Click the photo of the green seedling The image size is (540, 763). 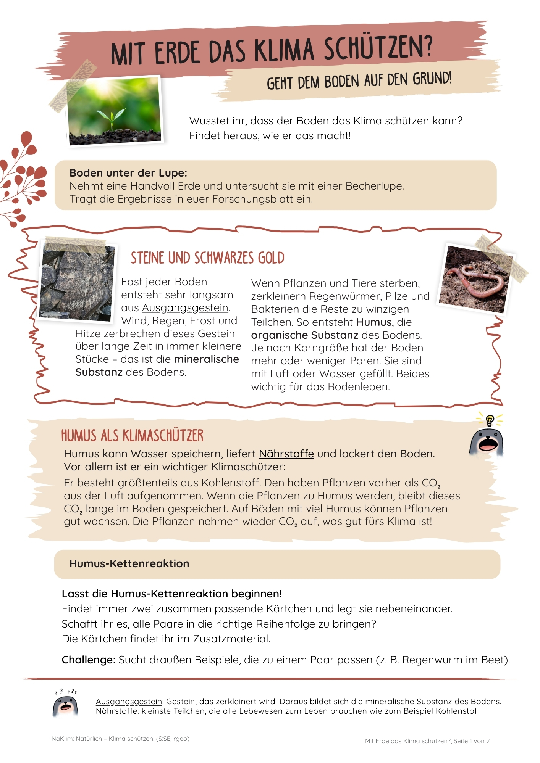(114, 111)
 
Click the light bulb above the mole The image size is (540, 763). (490, 420)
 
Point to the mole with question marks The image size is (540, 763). (65, 706)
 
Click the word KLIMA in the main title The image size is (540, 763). (284, 50)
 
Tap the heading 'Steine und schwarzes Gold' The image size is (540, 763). (207, 258)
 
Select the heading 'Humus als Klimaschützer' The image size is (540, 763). (132, 436)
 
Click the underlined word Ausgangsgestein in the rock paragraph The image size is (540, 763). (185, 308)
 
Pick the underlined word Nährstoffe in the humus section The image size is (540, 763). (286, 454)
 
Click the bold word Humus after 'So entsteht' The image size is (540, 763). (374, 322)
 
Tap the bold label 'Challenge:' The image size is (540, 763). (88, 660)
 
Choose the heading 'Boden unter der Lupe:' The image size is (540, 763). (128, 173)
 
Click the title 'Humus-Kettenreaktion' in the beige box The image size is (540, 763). (129, 564)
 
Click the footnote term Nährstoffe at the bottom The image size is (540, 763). (116, 711)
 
